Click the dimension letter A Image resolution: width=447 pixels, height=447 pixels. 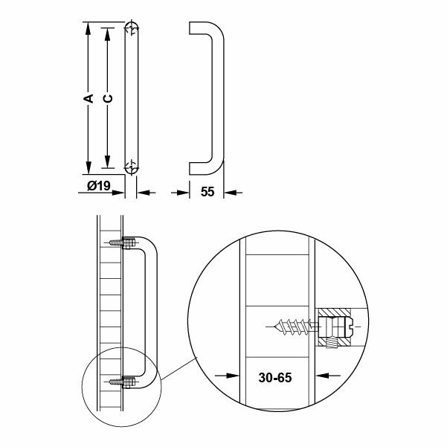[89, 97]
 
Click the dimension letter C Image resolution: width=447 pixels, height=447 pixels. [108, 98]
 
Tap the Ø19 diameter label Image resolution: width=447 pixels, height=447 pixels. [99, 186]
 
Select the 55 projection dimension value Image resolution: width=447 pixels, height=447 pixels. [208, 192]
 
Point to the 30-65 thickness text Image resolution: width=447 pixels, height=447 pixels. [275, 377]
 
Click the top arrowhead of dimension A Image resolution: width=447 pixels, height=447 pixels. [89, 28]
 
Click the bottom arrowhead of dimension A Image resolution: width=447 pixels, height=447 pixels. [89, 168]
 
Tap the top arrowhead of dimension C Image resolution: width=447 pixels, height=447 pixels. [108, 34]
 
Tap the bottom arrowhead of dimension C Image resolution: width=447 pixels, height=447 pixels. [108, 162]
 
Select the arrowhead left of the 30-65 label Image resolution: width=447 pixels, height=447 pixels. [233, 376]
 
